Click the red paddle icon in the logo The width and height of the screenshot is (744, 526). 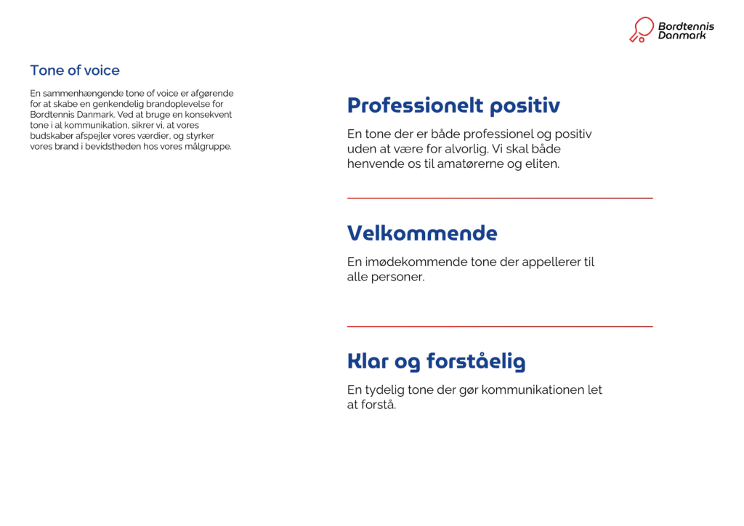click(x=641, y=30)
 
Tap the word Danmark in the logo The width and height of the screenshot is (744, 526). click(x=682, y=35)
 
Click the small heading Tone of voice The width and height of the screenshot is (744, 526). click(x=75, y=70)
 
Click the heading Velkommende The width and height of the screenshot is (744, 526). click(x=422, y=233)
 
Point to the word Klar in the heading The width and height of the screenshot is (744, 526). click(x=368, y=361)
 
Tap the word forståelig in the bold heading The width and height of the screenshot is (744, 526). click(x=475, y=362)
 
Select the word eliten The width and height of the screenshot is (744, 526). click(x=541, y=163)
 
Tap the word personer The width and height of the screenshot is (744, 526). click(x=398, y=277)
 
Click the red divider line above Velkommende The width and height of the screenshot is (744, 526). click(x=500, y=198)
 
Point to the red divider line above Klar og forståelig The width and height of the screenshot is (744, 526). click(x=500, y=327)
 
